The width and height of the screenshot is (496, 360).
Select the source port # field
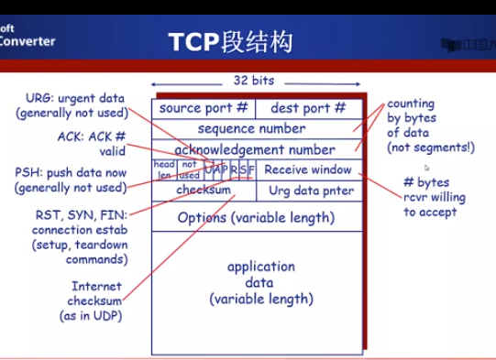point(204,108)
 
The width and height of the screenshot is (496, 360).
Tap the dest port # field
point(308,108)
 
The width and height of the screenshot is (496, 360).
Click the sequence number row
point(251,129)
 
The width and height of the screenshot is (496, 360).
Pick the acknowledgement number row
point(255,149)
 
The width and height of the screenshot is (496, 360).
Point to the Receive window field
point(308,169)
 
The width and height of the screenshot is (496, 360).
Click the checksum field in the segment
point(204,190)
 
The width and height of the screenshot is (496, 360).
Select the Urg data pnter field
point(311,191)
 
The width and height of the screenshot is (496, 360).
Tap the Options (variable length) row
point(256,218)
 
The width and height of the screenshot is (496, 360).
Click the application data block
point(261,282)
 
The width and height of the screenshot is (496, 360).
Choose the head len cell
point(164,169)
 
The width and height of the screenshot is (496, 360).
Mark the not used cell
point(189,169)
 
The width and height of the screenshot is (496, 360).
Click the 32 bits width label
point(253,81)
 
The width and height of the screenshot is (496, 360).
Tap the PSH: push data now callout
point(71,180)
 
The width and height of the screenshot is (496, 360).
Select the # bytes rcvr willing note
point(435,197)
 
